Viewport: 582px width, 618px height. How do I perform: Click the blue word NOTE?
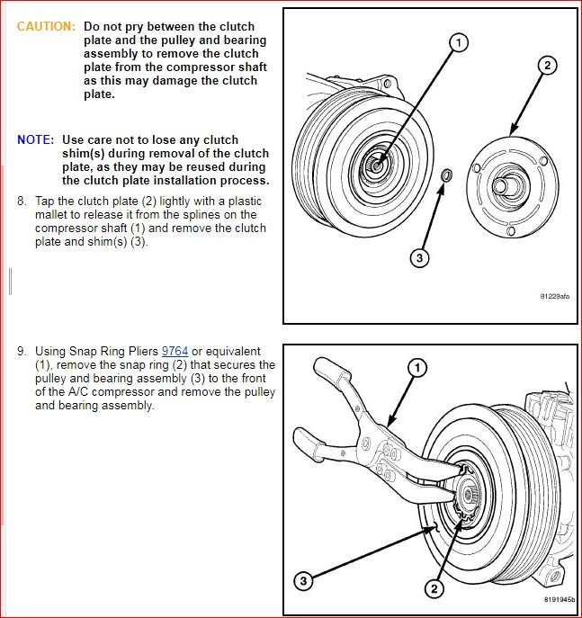tap(34, 139)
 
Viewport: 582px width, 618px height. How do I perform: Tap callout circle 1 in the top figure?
tap(458, 42)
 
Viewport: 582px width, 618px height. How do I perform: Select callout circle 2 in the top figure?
tap(548, 66)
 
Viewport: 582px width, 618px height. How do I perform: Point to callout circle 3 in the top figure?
tap(419, 258)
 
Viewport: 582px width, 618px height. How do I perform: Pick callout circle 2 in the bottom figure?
tap(434, 589)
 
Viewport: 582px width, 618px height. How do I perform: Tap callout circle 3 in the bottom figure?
tap(304, 582)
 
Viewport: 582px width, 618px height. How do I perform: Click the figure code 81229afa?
tap(554, 295)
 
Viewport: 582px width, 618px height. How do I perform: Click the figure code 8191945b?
tap(558, 599)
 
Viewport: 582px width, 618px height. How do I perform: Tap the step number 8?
tap(22, 201)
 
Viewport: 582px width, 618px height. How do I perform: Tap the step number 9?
tap(22, 350)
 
